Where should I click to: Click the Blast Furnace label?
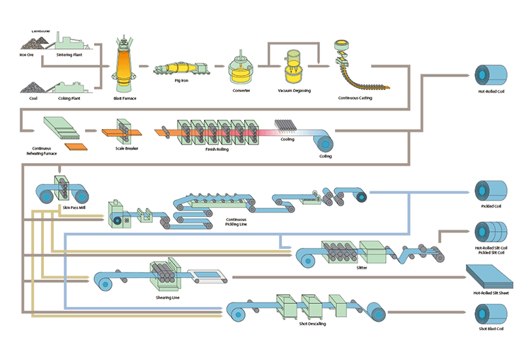(125, 98)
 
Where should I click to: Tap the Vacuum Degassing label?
(294, 91)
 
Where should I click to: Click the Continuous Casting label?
(355, 98)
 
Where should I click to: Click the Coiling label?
(325, 156)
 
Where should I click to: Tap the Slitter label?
(362, 268)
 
